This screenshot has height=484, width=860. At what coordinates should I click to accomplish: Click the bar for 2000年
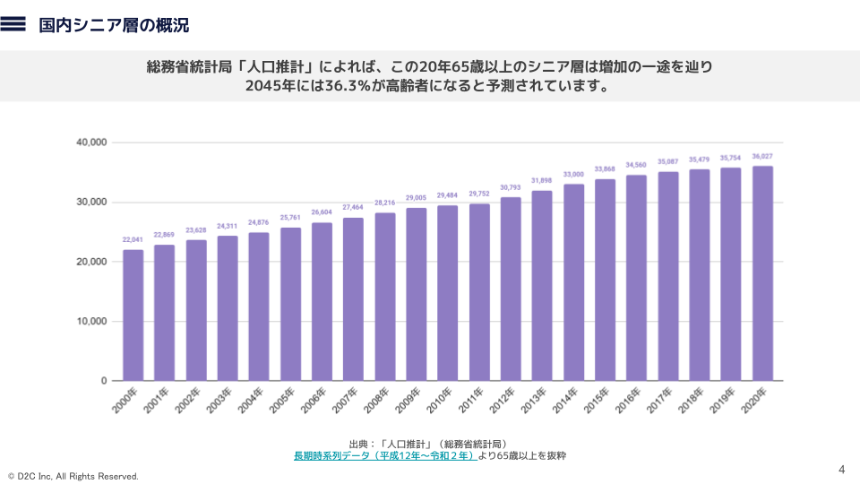click(x=133, y=315)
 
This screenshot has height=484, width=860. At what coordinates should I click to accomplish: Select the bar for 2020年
click(x=762, y=273)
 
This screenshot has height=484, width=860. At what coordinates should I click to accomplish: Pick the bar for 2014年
click(x=573, y=282)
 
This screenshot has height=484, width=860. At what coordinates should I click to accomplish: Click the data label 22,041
click(x=133, y=240)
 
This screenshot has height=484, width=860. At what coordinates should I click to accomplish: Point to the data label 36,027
click(x=762, y=157)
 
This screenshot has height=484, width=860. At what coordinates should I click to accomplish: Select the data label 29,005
click(x=416, y=198)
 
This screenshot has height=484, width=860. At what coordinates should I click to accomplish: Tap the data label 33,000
click(x=573, y=175)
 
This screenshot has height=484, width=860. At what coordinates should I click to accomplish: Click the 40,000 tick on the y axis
click(x=92, y=143)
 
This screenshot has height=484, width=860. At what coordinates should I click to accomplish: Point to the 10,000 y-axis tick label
click(x=92, y=322)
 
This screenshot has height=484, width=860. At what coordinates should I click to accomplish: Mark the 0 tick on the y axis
click(x=104, y=381)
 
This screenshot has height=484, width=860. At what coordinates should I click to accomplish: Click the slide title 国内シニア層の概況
click(x=114, y=25)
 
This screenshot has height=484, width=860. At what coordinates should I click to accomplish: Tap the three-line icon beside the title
click(x=13, y=25)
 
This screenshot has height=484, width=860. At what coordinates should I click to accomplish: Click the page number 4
click(x=841, y=470)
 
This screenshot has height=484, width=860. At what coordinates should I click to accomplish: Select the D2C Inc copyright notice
click(x=73, y=476)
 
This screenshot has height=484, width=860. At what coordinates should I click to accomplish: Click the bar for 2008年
click(x=384, y=297)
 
